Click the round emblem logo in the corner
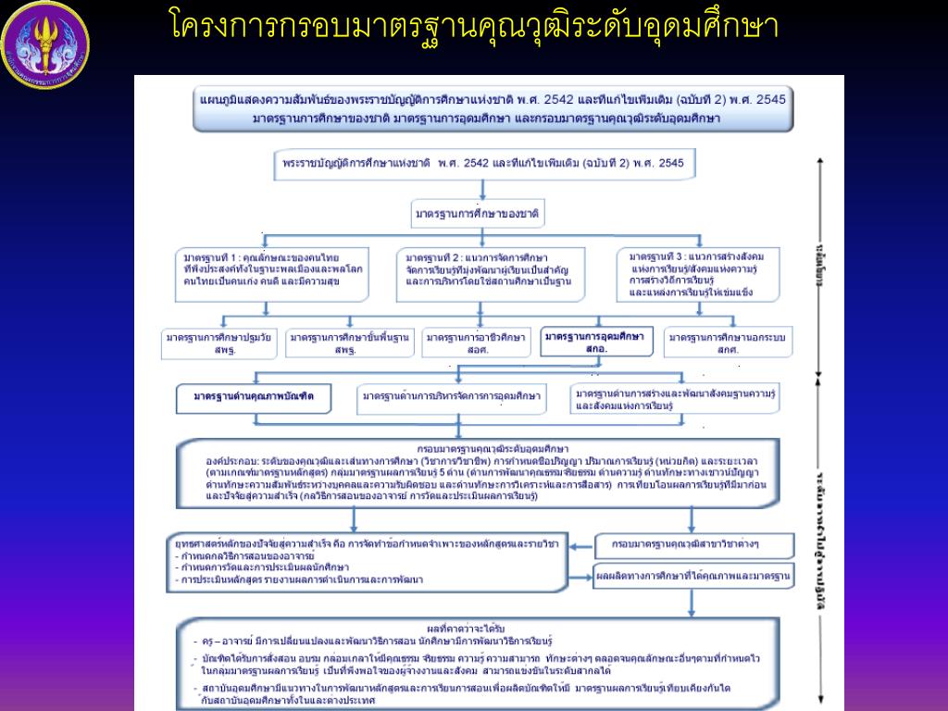[45, 45]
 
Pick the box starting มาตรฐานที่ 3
[703, 272]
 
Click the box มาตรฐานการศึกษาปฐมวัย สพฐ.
[218, 343]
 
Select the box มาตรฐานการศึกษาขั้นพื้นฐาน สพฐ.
[348, 343]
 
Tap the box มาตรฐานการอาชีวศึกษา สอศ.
[477, 343]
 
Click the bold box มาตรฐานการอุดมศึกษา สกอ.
[597, 342]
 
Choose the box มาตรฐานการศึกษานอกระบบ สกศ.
[729, 343]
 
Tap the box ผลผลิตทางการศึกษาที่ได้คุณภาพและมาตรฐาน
[693, 576]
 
